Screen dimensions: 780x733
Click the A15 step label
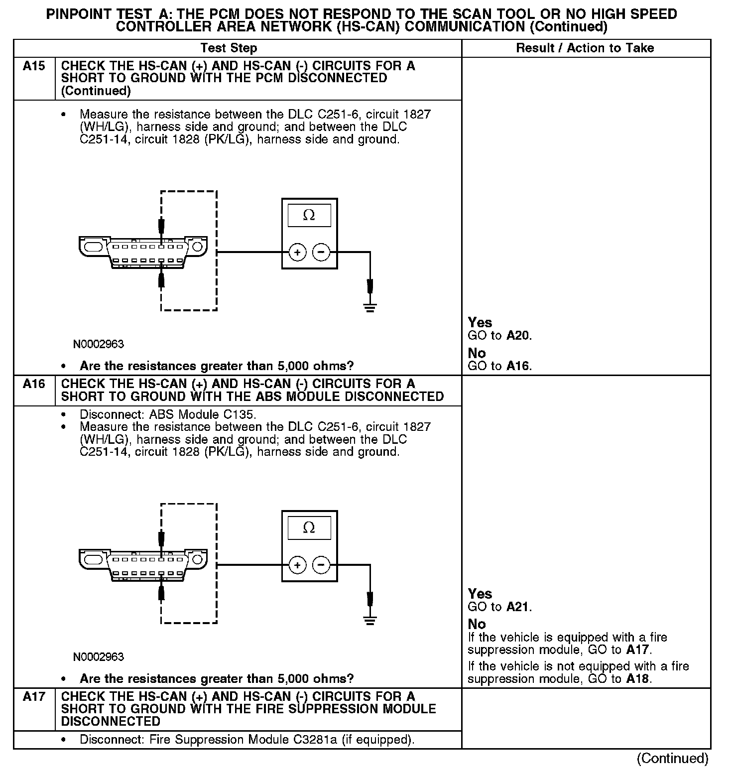coord(34,66)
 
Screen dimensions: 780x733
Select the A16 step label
coord(34,384)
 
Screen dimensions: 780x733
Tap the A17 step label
coord(34,697)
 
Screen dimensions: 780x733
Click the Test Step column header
coord(229,48)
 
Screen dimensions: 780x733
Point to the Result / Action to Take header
coord(585,48)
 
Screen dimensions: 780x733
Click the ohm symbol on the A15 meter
coord(309,215)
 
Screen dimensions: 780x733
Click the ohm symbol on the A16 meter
coord(309,527)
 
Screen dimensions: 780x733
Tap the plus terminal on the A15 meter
coord(297,253)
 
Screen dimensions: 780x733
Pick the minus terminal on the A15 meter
coord(321,253)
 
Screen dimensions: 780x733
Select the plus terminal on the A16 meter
coord(297,565)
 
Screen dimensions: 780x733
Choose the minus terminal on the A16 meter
coord(321,565)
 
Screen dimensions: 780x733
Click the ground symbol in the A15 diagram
coord(369,307)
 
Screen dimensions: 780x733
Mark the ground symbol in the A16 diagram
coord(369,620)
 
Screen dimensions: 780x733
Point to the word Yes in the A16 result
coord(480,594)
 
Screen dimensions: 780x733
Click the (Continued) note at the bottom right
coord(672,758)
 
